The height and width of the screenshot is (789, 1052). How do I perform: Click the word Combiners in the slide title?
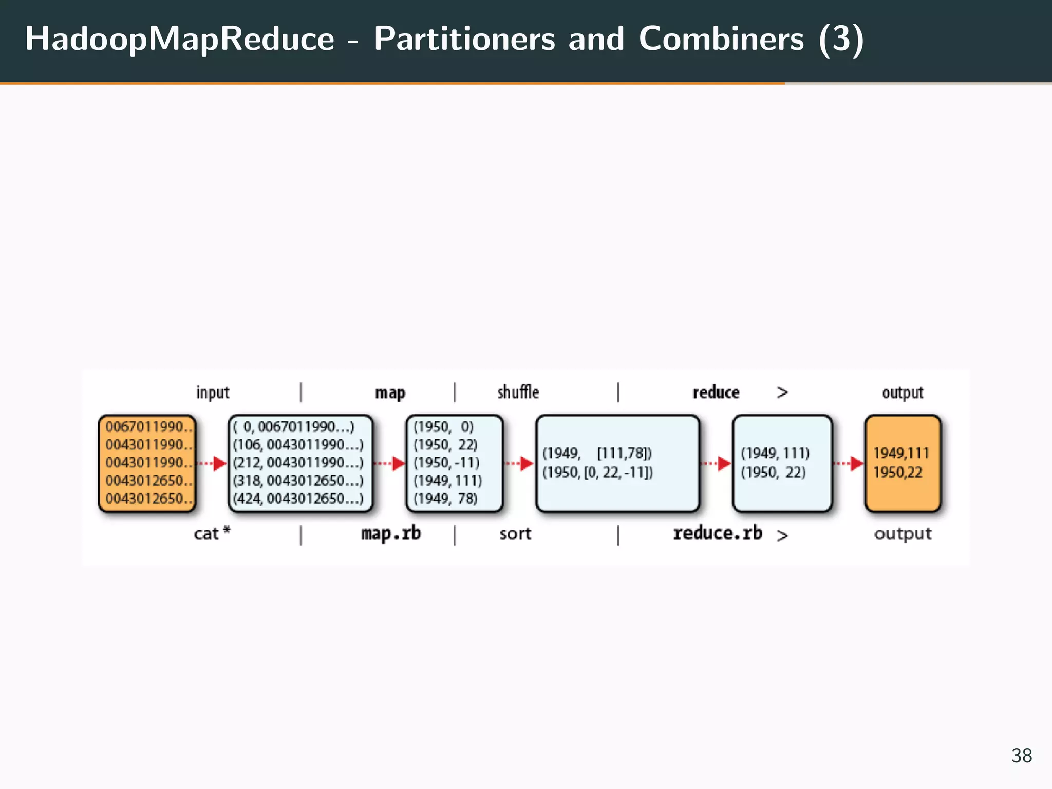721,39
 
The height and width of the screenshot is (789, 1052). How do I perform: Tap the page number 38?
1021,756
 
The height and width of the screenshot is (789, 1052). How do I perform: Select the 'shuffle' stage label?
518,392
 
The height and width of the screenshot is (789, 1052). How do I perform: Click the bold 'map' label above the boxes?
390,393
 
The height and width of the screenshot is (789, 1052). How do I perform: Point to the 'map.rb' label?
391,534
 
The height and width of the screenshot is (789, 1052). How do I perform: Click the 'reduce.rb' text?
717,534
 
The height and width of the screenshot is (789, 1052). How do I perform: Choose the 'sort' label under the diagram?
515,534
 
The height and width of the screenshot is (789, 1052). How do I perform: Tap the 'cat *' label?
212,534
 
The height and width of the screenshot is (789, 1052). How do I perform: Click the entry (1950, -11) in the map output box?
446,463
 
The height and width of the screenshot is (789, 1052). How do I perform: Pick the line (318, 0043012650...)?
298,481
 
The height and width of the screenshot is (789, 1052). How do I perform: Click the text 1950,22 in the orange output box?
897,473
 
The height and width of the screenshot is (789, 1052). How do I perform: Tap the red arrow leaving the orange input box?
213,463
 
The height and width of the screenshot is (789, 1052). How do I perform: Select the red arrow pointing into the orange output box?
849,463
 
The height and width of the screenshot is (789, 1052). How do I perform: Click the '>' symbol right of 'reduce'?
782,393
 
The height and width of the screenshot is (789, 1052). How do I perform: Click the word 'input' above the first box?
212,393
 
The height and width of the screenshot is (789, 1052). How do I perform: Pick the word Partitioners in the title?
464,39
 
